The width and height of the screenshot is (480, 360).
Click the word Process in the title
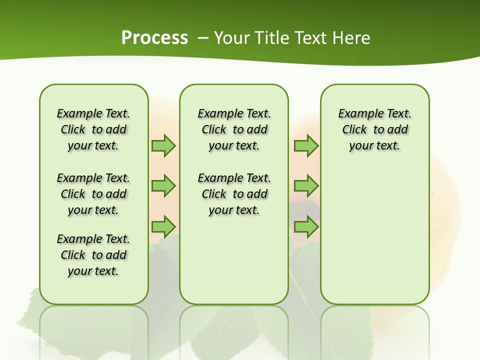[x=154, y=38]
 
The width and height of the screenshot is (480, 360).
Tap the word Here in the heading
[x=352, y=38]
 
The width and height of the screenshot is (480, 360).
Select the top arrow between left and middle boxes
[x=163, y=145]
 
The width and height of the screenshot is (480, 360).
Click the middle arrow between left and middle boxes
[x=163, y=186]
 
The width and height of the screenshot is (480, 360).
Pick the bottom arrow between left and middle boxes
[x=163, y=226]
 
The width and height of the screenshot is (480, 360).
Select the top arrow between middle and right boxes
[x=306, y=145]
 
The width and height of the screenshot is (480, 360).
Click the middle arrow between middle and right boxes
[x=306, y=186]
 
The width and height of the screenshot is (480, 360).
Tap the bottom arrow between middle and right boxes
[x=306, y=226]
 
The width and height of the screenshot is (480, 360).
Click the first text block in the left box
[x=93, y=129]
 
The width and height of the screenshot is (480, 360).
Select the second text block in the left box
[x=93, y=194]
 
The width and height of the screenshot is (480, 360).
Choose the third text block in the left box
[x=93, y=255]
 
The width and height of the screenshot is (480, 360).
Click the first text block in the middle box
[x=234, y=129]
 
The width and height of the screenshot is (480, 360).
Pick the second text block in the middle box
[x=234, y=194]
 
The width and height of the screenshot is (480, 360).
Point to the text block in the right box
[x=374, y=129]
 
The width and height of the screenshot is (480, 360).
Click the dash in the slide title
[x=202, y=38]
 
